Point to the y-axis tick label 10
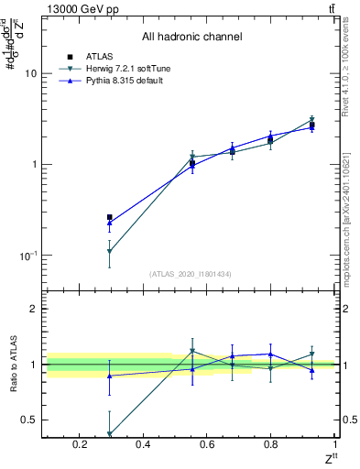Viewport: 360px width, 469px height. (x=31, y=73)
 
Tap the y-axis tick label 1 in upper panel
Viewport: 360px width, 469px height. (x=34, y=165)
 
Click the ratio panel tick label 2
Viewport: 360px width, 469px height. (x=34, y=309)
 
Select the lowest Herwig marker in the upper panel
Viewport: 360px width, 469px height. (x=110, y=251)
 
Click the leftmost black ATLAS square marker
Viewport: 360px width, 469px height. (x=110, y=217)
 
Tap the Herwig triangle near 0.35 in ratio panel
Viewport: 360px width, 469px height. (x=110, y=434)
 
